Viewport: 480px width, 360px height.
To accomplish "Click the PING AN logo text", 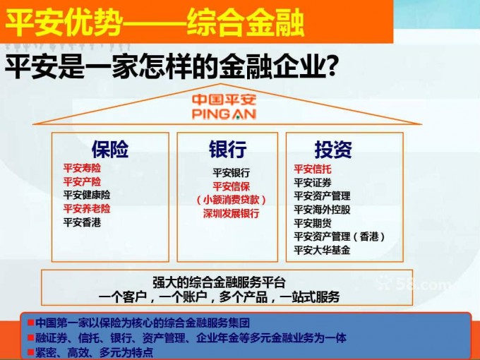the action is tap(224, 114).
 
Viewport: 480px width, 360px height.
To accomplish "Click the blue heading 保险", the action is tap(110, 150).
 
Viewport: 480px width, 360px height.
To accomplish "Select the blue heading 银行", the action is tap(227, 150).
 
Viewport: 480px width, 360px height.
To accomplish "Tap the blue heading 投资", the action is tap(333, 150).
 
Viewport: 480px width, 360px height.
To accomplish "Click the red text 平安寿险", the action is tap(82, 168).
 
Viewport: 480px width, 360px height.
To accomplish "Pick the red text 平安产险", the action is tap(82, 181).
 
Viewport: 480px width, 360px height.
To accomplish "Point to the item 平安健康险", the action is tap(87, 195).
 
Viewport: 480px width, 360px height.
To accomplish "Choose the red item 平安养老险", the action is tap(87, 208).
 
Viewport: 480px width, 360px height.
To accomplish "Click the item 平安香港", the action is tap(82, 222).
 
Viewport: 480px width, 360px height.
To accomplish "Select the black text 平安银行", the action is tap(232, 173).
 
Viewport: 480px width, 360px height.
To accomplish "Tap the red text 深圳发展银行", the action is tap(232, 213).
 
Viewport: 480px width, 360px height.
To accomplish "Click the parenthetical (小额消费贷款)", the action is tap(232, 200).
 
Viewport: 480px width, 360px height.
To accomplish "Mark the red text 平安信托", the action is tap(313, 169).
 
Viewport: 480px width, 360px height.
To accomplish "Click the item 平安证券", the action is tap(313, 182).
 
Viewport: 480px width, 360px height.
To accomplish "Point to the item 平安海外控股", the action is tap(322, 210).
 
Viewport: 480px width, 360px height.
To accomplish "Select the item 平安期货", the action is tap(313, 223).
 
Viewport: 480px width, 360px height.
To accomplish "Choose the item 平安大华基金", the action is tap(322, 250).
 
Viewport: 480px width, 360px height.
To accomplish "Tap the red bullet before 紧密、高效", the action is tap(30, 351).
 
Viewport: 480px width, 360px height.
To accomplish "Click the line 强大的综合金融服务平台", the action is tap(220, 282).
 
